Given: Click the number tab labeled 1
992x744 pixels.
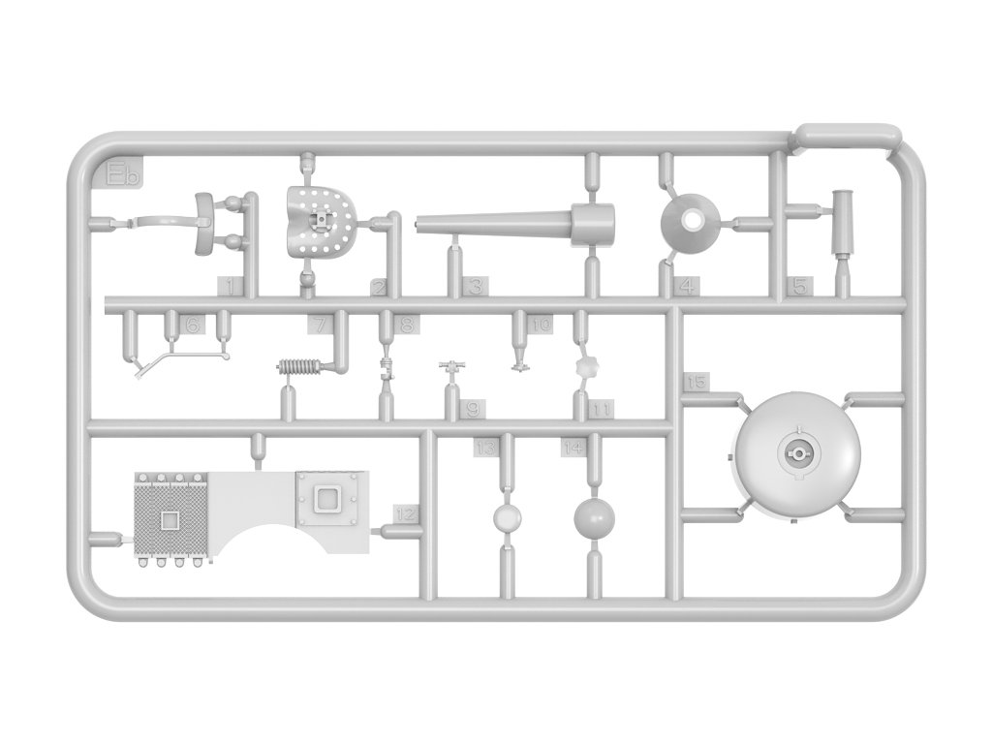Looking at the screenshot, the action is click(230, 286).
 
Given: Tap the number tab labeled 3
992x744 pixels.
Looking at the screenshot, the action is click(475, 286).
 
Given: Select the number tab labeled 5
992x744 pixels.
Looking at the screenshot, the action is click(800, 287).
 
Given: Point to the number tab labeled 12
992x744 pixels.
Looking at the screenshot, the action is click(407, 513).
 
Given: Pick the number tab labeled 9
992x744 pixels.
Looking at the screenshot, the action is click(473, 409).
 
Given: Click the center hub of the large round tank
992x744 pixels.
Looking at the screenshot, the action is click(796, 452).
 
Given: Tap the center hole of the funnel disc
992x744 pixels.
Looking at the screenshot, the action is click(692, 221).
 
